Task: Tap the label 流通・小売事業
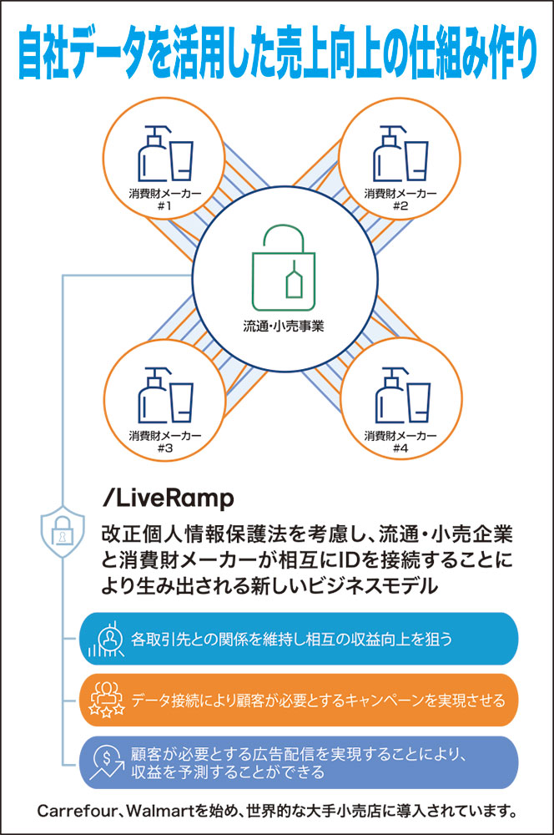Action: (284, 326)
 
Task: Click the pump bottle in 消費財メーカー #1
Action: (153, 154)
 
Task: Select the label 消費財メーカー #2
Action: (400, 199)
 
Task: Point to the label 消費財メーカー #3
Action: (165, 441)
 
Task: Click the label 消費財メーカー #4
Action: (400, 441)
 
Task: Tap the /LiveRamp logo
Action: (168, 498)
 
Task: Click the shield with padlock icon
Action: (63, 531)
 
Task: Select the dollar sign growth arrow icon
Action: (107, 762)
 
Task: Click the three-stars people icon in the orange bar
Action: (107, 699)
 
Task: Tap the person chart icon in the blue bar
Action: (107, 639)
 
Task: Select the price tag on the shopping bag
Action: (294, 279)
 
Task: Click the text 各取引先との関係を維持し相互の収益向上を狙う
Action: (292, 639)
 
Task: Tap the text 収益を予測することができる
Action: (228, 772)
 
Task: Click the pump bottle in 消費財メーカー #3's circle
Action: (154, 396)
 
